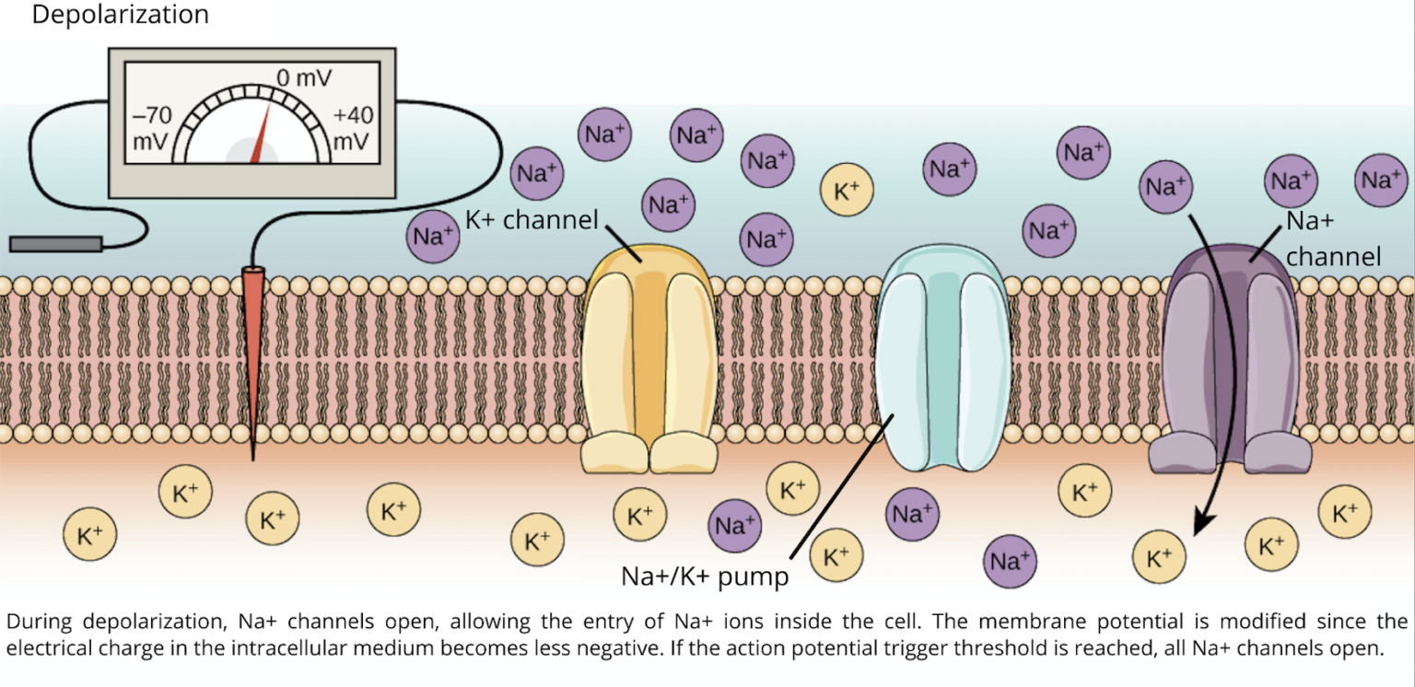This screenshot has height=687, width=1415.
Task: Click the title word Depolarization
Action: [121, 15]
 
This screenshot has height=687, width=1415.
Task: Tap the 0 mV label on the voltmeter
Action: [305, 78]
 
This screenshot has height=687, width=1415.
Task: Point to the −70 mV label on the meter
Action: [152, 129]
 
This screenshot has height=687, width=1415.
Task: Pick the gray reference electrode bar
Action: [55, 243]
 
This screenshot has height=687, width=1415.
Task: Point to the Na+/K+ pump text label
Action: [706, 577]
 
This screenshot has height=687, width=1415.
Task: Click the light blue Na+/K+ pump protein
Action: [944, 359]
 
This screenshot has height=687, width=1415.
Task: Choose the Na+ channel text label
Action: [1332, 239]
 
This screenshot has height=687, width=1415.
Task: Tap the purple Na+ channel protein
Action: [1230, 359]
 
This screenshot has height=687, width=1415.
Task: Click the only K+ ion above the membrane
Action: [846, 191]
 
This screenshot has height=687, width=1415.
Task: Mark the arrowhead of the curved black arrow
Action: [1199, 527]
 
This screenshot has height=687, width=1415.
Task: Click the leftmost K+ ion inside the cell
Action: [89, 534]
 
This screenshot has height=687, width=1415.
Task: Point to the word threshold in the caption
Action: [1105, 646]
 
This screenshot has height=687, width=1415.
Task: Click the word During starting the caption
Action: [40, 621]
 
